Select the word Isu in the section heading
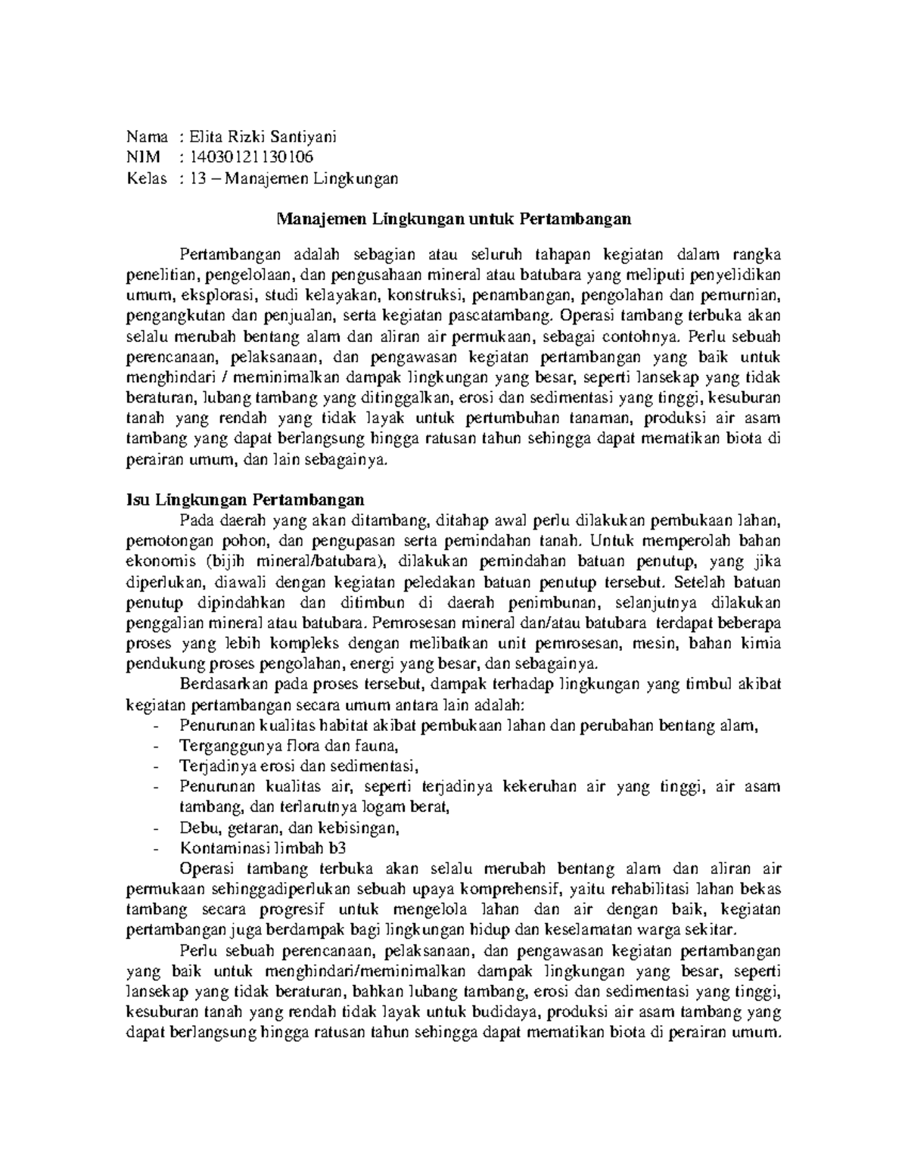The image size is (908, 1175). point(135,500)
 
